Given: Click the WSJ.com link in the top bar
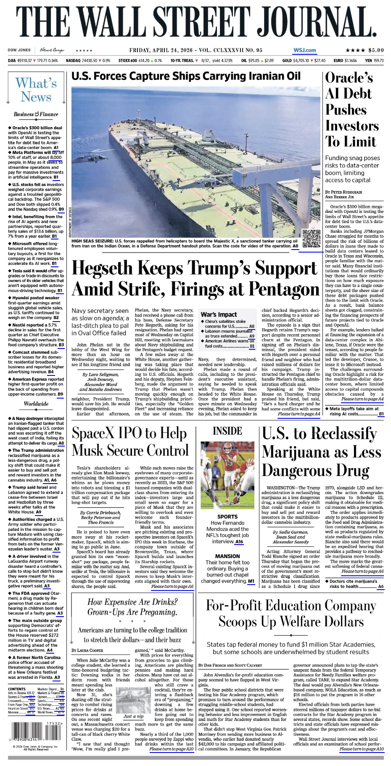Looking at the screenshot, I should pos(304,50).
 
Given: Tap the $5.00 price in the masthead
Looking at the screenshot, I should pos(376,50).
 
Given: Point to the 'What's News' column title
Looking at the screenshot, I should pos(36,90).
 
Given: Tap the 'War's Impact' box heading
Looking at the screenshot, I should pos(219,314).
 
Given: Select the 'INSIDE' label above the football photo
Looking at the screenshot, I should pos(227,431).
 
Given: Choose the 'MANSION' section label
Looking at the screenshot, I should pos(227,556).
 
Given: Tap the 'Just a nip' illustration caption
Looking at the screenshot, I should pos(133,716).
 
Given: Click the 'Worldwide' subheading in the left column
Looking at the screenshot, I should pos(36,404).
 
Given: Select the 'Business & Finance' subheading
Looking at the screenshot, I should pos(36,114).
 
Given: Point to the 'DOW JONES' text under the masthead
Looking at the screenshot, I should pos(19,50).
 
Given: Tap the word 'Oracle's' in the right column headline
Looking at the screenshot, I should pos(349,77).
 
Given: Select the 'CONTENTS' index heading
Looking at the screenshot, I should pos(17,689).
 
